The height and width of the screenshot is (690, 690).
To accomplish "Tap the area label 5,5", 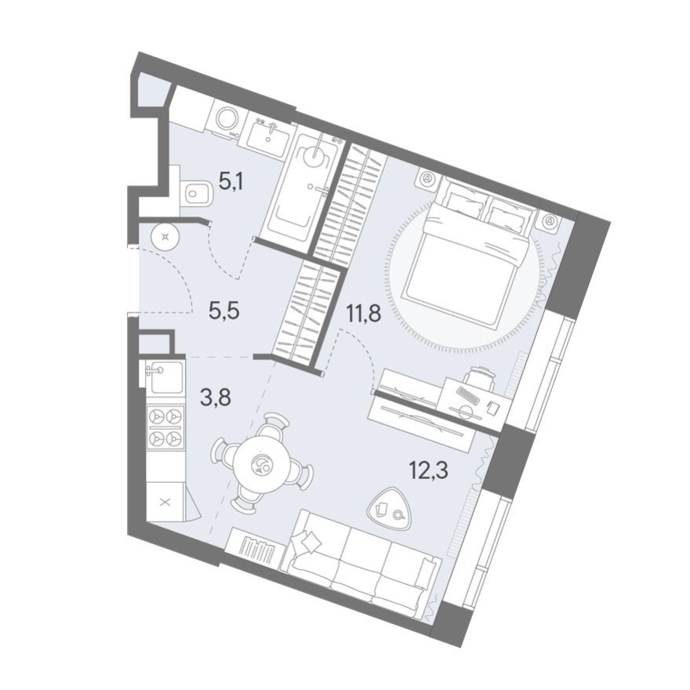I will [x=223, y=310].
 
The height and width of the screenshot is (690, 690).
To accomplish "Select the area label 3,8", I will [x=215, y=399].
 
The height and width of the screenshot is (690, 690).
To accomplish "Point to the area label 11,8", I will [x=363, y=314].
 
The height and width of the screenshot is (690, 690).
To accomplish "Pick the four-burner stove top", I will [x=165, y=427].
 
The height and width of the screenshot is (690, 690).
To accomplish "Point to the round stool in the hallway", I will [x=165, y=237].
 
